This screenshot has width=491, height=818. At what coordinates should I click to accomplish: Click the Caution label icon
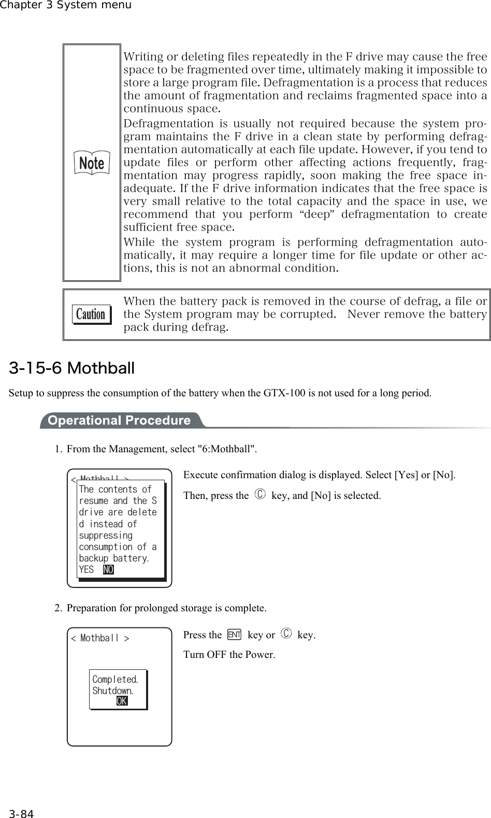click(x=91, y=314)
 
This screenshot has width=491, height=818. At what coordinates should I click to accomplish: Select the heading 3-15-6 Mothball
click(x=72, y=368)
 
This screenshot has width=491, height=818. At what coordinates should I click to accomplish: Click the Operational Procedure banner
click(x=119, y=420)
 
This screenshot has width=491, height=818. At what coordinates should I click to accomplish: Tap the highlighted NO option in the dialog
click(x=108, y=569)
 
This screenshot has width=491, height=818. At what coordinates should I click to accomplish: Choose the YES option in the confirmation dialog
click(x=86, y=569)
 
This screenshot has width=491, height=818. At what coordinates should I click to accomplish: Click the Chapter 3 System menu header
click(x=66, y=5)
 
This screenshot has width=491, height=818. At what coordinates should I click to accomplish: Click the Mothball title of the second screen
click(x=100, y=638)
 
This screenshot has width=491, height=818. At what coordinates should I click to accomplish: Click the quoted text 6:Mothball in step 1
click(x=227, y=449)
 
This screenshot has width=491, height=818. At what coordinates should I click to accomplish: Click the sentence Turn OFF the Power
click(x=229, y=654)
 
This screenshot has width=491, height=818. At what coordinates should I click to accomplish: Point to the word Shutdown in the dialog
click(x=112, y=691)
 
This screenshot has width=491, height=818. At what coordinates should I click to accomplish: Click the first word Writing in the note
click(x=140, y=56)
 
